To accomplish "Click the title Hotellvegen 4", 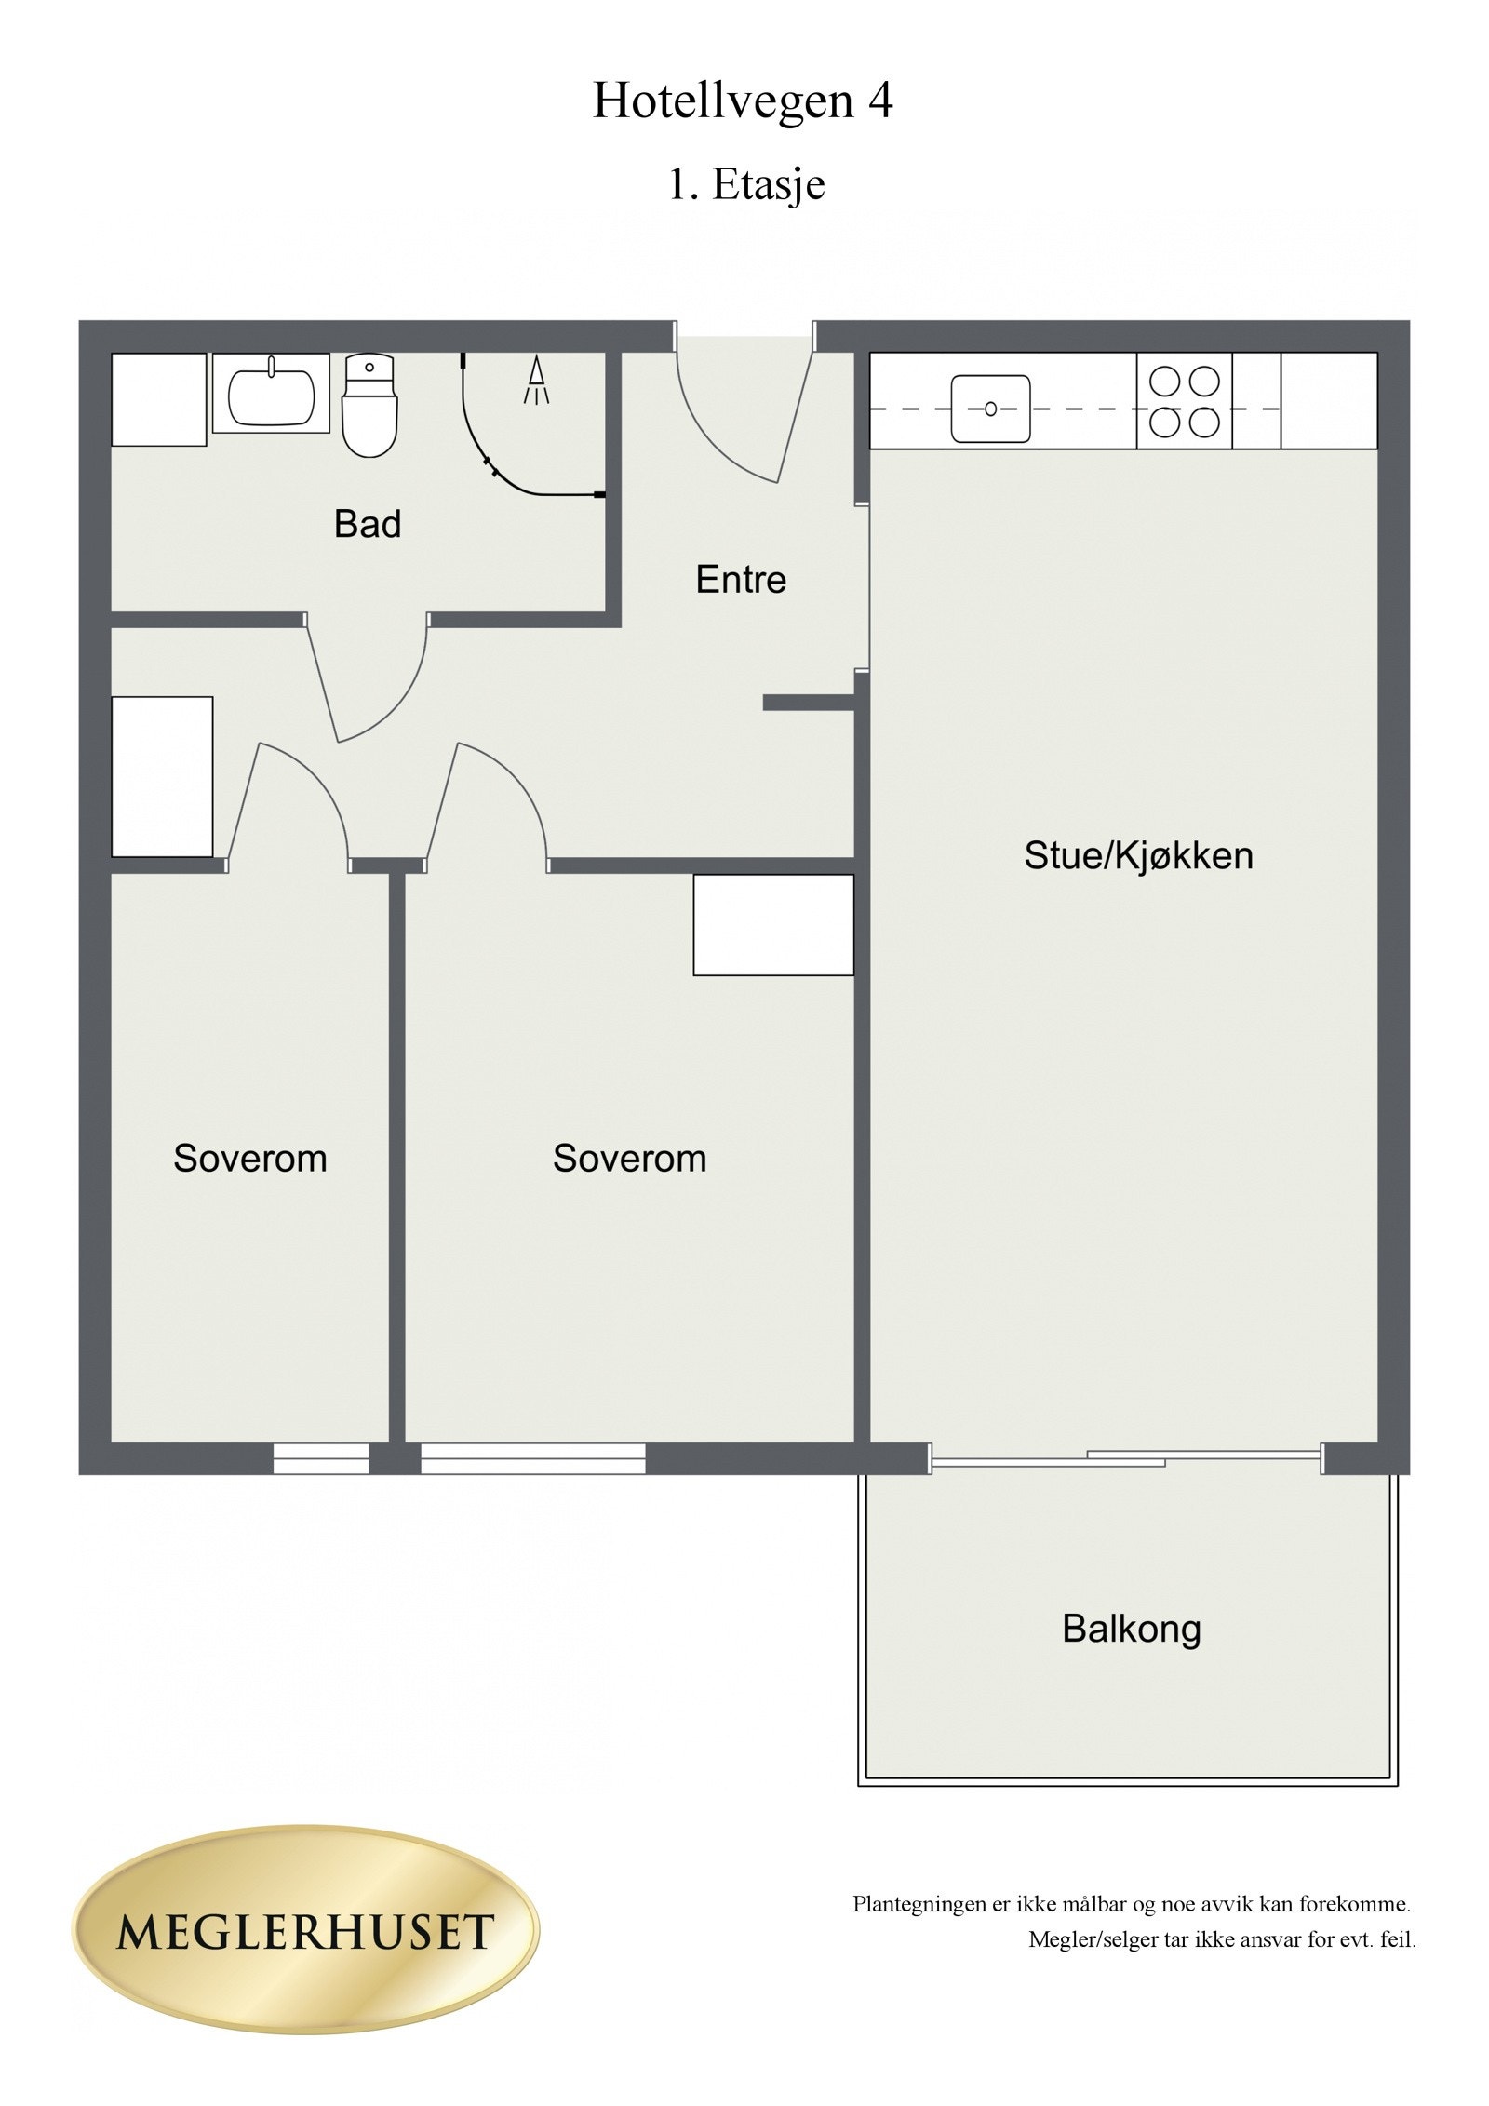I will pos(743,102).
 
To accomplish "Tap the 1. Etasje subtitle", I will pos(745,184).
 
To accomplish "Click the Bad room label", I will pos(368,525).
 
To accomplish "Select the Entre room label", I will pos(741,580).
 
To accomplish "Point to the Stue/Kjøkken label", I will pos(1138,856).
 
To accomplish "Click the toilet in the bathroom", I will pos(369,407).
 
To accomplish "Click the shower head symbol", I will pos(537,381).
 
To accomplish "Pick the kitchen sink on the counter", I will pos(990,409).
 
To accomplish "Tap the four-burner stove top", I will pos(1184,402).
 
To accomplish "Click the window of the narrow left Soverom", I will pos(321,1457).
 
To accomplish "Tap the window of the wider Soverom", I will pos(532,1457).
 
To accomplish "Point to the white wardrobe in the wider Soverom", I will pos(773,925).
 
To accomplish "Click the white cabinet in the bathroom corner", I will pos(158,399).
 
